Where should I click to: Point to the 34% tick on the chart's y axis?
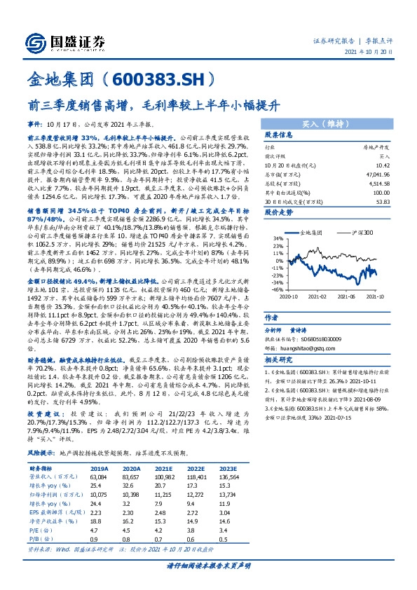[278, 240]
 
